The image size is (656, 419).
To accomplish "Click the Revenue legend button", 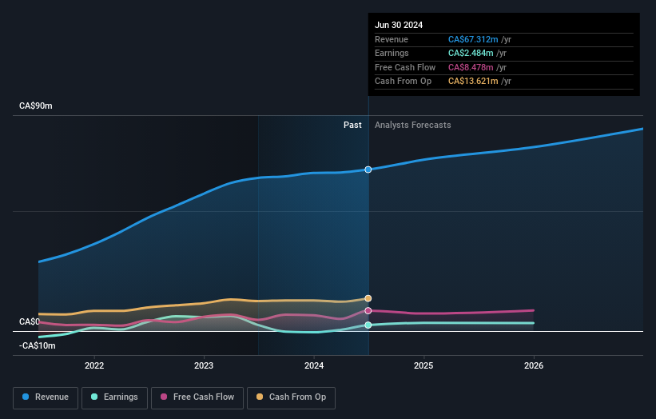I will pos(46,397).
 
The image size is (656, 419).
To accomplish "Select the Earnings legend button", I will pos(114,397).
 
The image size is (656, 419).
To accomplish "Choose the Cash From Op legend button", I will pos(292,397).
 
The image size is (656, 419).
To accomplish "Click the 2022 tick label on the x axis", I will pos(94,366).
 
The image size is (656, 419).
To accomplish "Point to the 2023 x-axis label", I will pos(204,366).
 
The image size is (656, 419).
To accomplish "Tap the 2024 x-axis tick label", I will pos(314,366).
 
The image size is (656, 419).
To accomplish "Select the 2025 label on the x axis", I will pos(423,366).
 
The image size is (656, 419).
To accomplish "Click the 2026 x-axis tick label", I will pos(534,366).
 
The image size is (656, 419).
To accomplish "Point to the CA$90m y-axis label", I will pos(36,106).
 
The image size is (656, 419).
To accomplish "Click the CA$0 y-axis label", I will pos(30,322).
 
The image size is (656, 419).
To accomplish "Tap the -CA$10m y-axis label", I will pos(38,345).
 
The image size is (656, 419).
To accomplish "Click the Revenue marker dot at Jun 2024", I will pos(368,170).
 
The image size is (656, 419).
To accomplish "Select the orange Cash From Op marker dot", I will pos(368,298).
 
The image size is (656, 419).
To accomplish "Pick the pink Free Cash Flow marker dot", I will pos(368,310).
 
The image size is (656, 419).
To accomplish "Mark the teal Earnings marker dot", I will pos(368,325).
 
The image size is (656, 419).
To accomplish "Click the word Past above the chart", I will pos(352,126).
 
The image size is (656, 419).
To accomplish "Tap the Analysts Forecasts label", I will pos(412,126).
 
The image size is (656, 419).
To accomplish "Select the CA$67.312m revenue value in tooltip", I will pos(473,39).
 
